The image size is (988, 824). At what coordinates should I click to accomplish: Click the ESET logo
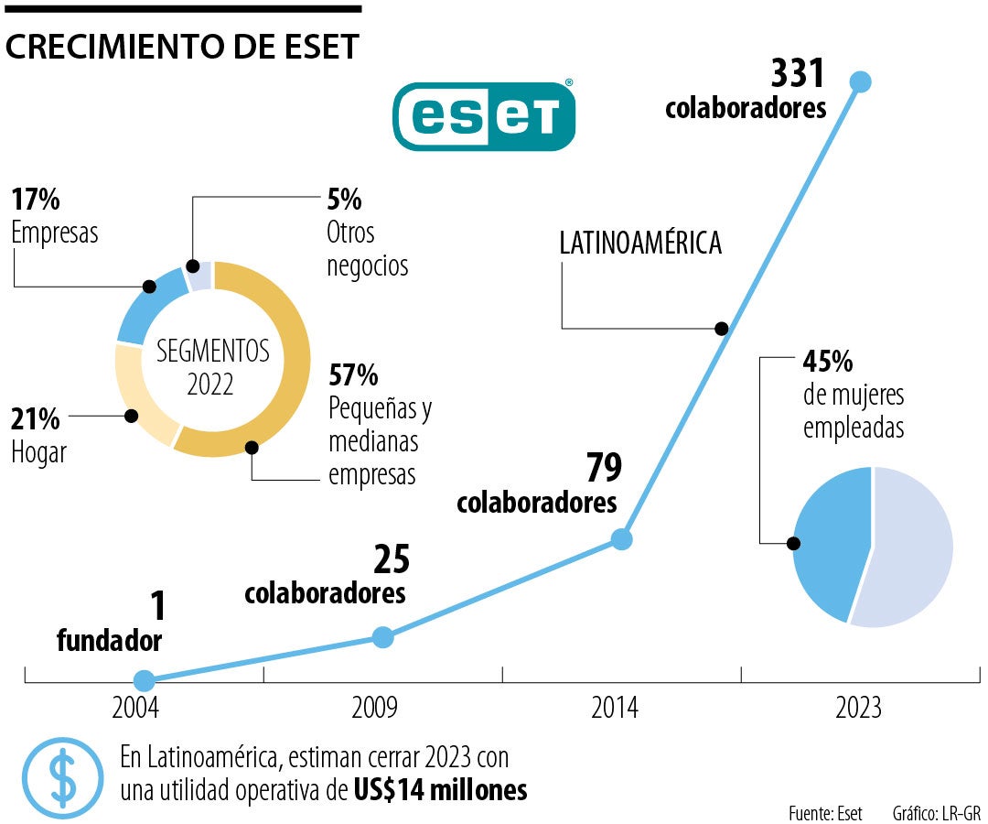coord(484,115)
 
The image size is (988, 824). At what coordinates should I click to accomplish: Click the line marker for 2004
coord(144,680)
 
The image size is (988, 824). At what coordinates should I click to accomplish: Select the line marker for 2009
coord(383,637)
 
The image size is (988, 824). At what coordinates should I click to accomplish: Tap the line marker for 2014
coord(622,539)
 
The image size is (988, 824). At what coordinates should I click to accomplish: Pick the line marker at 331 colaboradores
coord(860,81)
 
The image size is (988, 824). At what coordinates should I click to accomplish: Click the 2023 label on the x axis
coord(858,708)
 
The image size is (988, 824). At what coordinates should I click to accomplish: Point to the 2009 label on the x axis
coord(374,708)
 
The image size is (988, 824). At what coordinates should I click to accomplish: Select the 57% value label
coord(353,375)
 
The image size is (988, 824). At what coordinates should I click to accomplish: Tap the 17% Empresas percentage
coord(36,200)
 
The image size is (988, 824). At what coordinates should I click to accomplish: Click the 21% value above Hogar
coord(36,419)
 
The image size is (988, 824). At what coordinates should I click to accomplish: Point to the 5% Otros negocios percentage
coord(344,200)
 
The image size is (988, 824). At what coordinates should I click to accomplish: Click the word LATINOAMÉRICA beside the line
coord(640,244)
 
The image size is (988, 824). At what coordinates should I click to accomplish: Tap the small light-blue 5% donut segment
coord(199,276)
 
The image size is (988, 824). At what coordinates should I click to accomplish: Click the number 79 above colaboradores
coord(604,468)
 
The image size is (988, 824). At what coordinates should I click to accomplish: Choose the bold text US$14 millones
coord(440,789)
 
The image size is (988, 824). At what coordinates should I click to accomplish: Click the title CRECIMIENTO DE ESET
coord(182,48)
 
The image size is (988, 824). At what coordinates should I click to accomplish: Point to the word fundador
coord(109,641)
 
